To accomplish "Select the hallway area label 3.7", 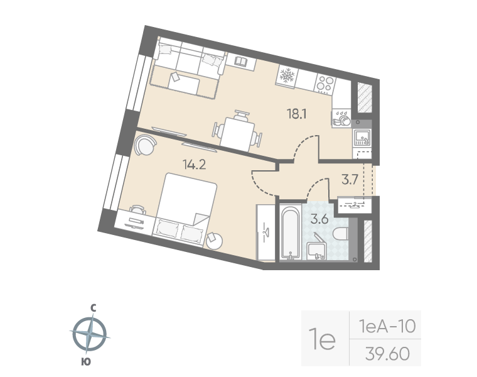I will click(350, 180).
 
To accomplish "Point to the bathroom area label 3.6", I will click(320, 219).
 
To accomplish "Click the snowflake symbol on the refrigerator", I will click(287, 76).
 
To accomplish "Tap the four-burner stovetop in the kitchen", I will click(324, 84).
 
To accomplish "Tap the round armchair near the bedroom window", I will click(144, 147).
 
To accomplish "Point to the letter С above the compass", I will click(92, 307).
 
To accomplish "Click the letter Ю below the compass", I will click(85, 360).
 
